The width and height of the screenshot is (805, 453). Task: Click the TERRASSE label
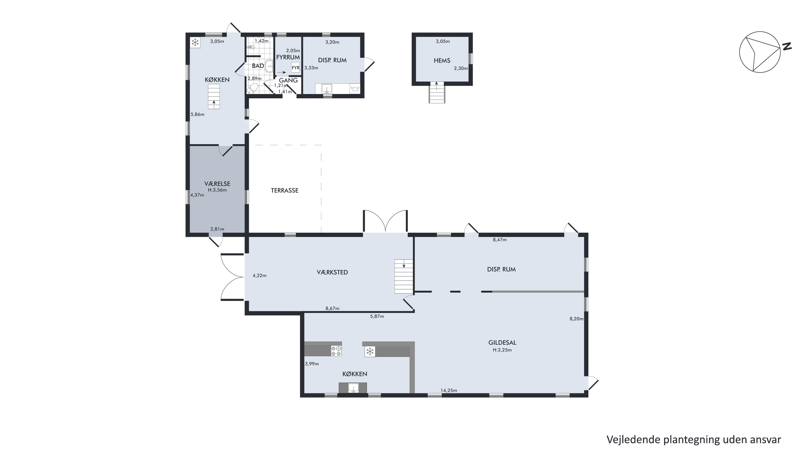[284, 190]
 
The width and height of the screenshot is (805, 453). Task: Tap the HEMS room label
[442, 61]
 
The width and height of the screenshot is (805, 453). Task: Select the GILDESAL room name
[502, 343]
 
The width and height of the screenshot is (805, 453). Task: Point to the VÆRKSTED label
[332, 272]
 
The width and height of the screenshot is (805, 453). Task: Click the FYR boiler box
[295, 67]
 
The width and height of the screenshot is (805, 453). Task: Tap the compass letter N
[787, 46]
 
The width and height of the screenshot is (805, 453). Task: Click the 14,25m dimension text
[449, 390]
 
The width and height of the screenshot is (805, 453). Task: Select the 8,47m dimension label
[500, 240]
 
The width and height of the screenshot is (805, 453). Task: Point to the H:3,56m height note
[217, 190]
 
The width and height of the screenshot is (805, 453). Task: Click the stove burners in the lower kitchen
[336, 351]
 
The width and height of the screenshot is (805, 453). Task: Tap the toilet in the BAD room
[252, 88]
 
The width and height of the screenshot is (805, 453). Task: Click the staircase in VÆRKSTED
[404, 276]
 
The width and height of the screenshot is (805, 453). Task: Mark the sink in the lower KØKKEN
[353, 388]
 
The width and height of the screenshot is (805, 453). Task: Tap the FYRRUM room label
[288, 57]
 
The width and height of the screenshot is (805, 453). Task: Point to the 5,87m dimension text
[377, 316]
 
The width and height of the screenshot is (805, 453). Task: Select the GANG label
[288, 80]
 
